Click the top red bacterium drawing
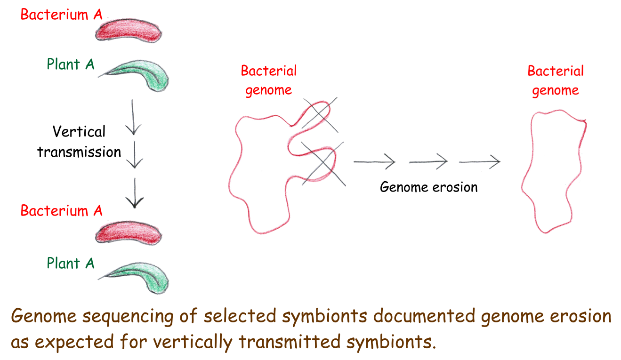129,31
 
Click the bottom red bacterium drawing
129,233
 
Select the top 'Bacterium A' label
62,15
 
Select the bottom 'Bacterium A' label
62,211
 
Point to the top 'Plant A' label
71,64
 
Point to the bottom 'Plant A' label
71,263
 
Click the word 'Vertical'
79,131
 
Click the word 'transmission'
79,152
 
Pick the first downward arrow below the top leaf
133,117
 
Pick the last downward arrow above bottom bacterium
135,193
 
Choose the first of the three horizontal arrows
375,161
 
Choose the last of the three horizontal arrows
480,161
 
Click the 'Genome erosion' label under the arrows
429,187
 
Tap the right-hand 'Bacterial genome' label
556,81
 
